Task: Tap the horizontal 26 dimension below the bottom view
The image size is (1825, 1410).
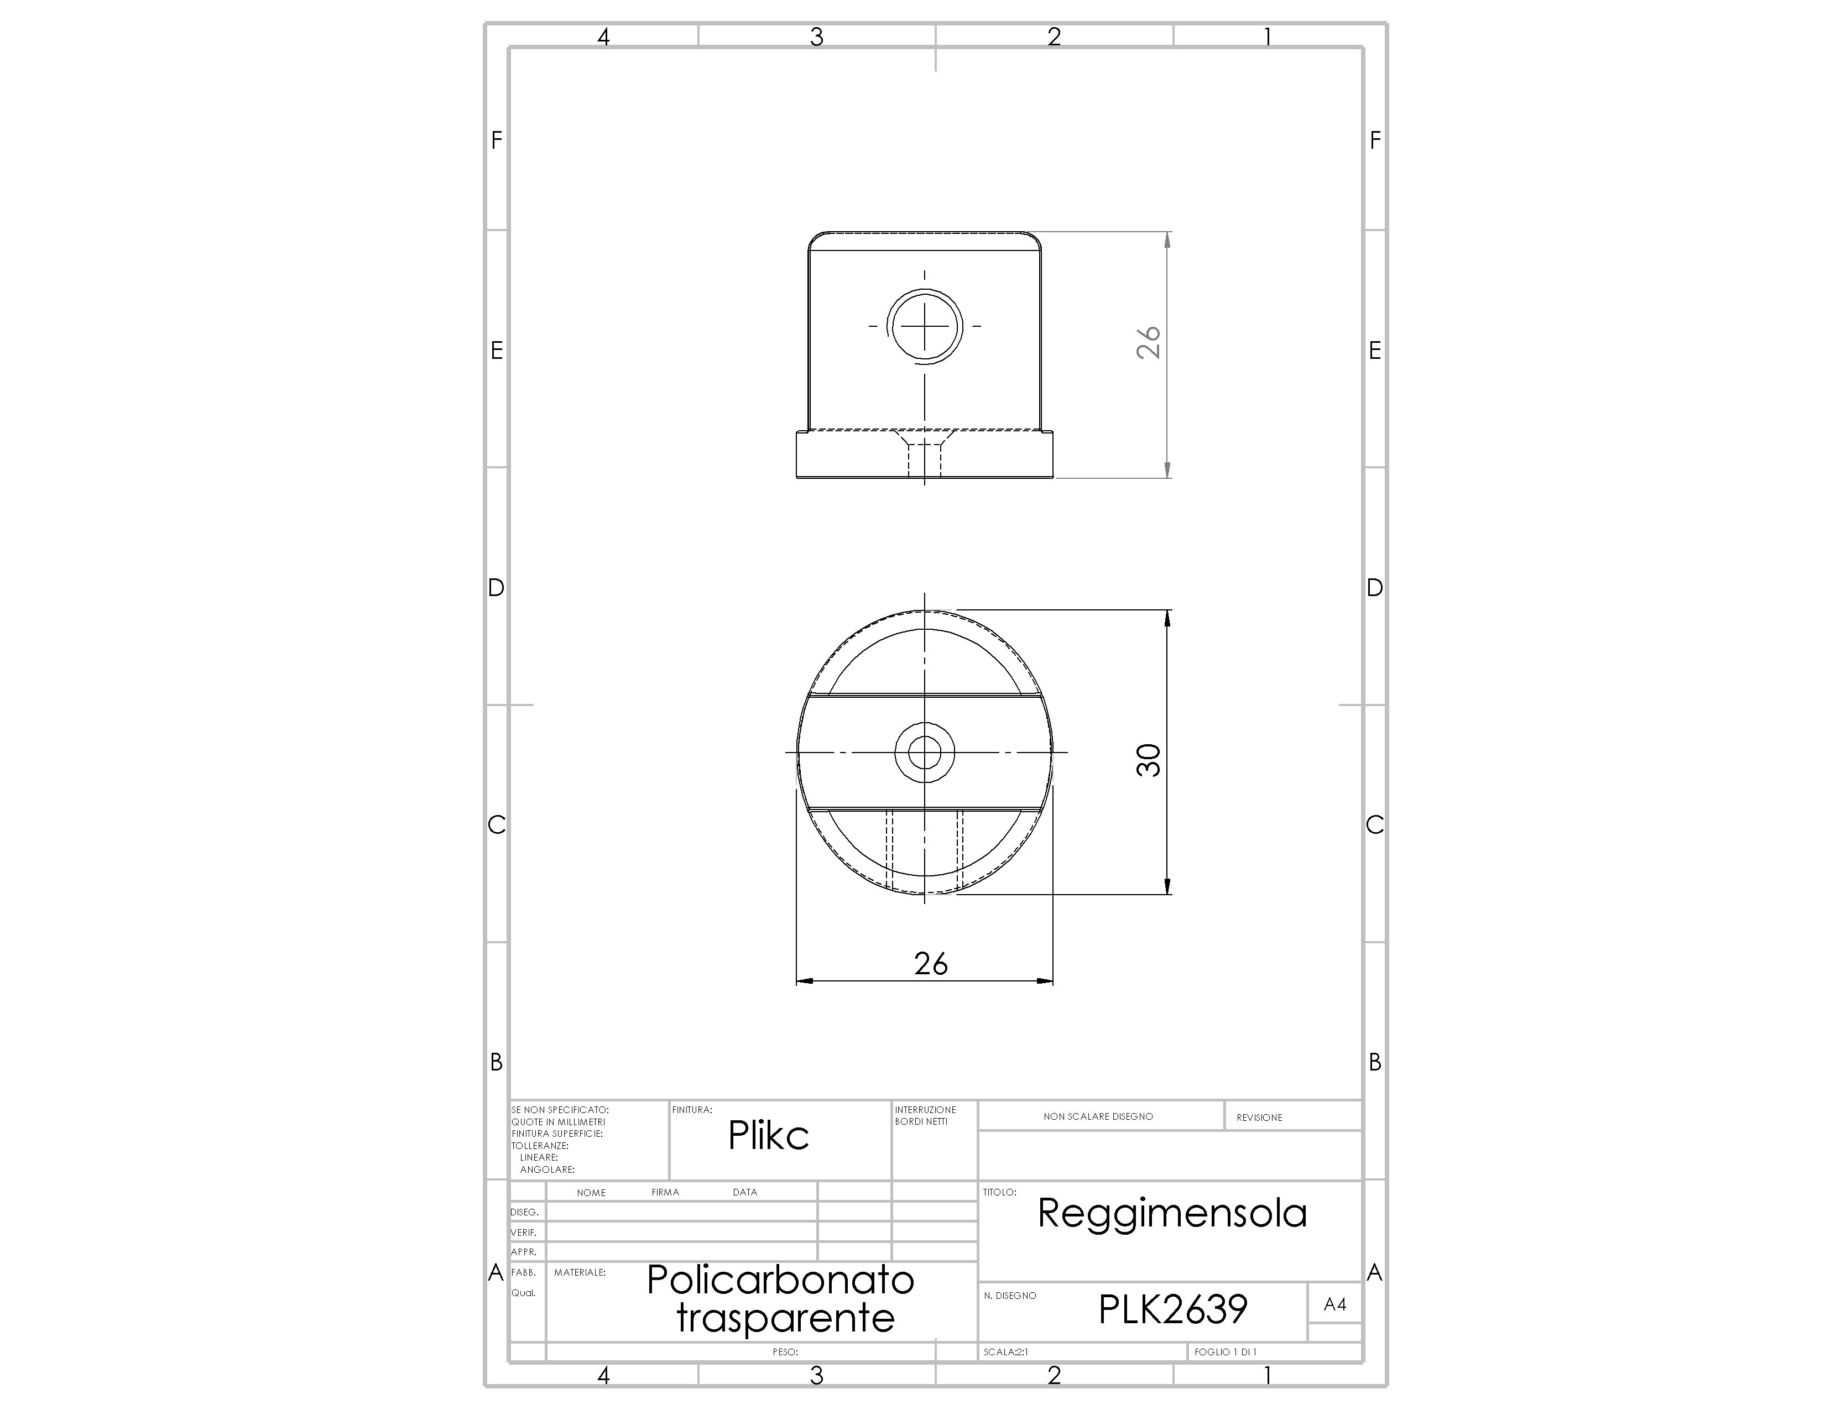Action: click(931, 964)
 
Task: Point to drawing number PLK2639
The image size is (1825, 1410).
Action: click(1172, 1309)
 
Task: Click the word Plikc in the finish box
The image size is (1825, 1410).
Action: click(768, 1135)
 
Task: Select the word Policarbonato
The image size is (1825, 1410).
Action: click(780, 1280)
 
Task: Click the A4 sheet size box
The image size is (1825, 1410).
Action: click(1334, 1304)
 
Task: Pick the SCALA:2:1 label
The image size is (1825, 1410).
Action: click(1006, 1351)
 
